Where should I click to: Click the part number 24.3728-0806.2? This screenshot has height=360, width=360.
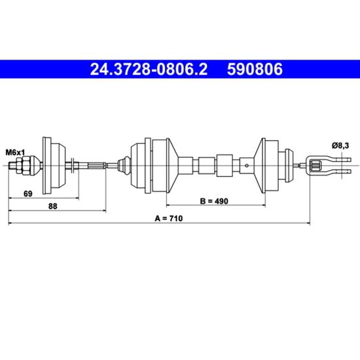point(149,69)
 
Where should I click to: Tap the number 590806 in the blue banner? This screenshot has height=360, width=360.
point(255,69)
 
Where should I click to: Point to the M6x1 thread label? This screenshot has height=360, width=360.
point(15,153)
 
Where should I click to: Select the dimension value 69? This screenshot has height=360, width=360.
point(28,194)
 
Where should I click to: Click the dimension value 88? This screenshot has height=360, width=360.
point(53,206)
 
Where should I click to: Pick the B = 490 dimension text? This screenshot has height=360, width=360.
point(214,201)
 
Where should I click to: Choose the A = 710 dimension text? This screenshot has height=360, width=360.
point(169,218)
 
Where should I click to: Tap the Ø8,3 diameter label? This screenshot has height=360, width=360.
point(340,145)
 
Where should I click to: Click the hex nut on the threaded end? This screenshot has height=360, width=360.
point(23,165)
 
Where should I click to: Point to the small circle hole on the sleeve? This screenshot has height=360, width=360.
point(247,166)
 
